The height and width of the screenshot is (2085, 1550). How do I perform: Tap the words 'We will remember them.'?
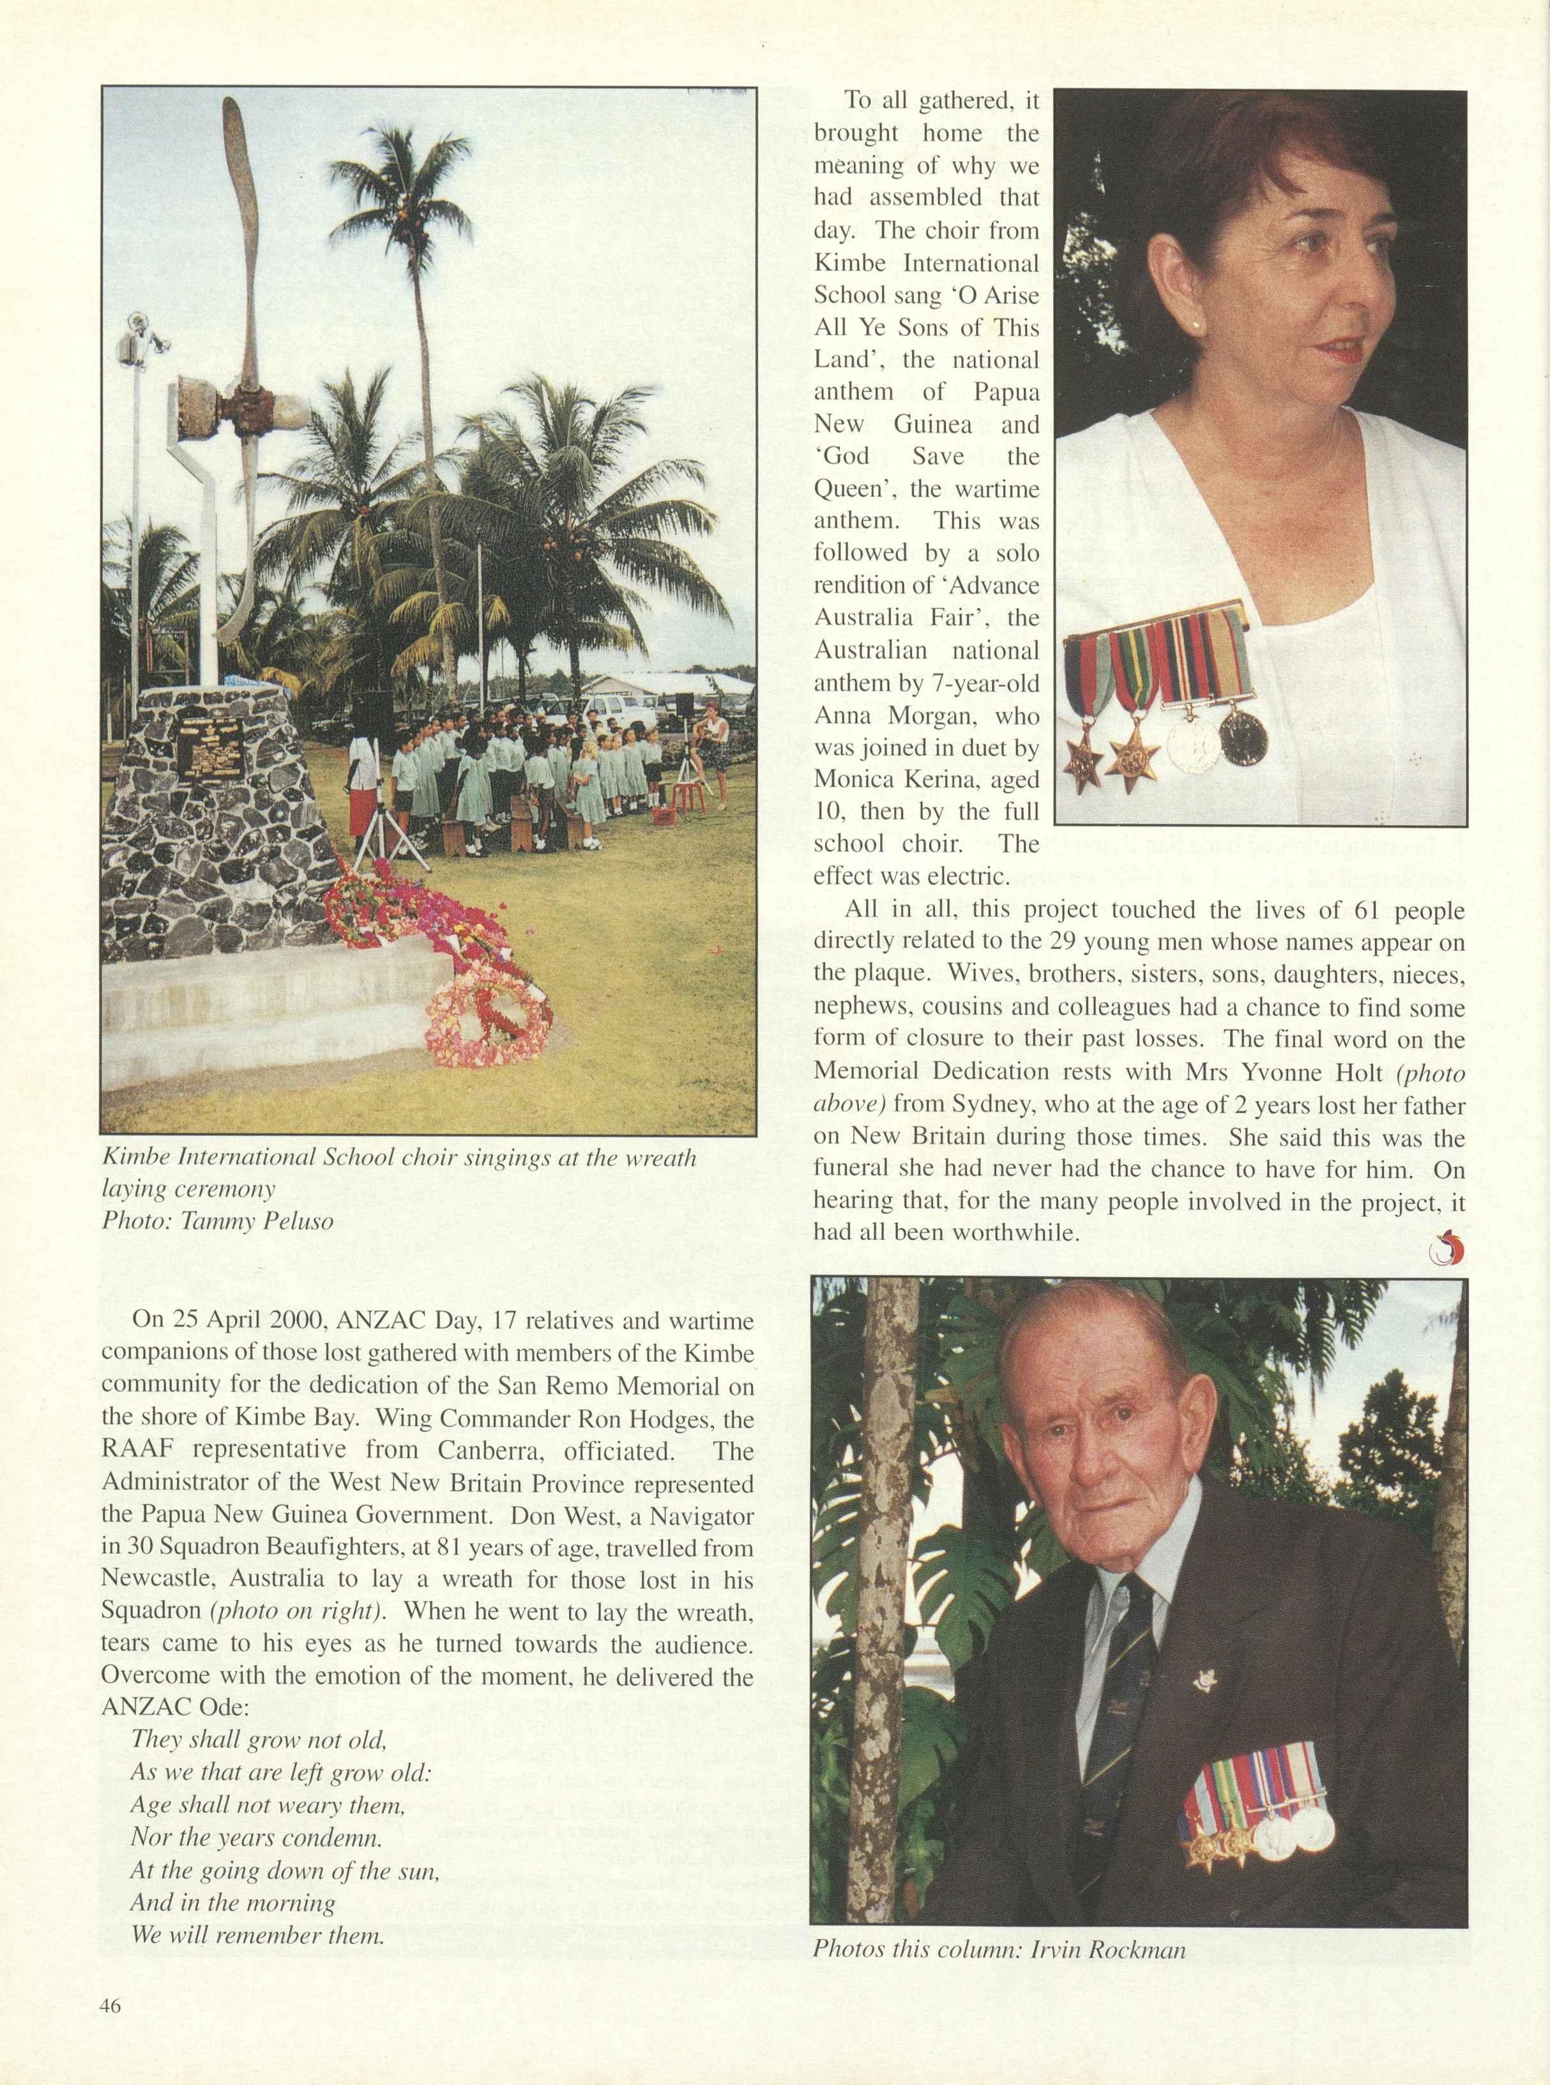[x=258, y=1907]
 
